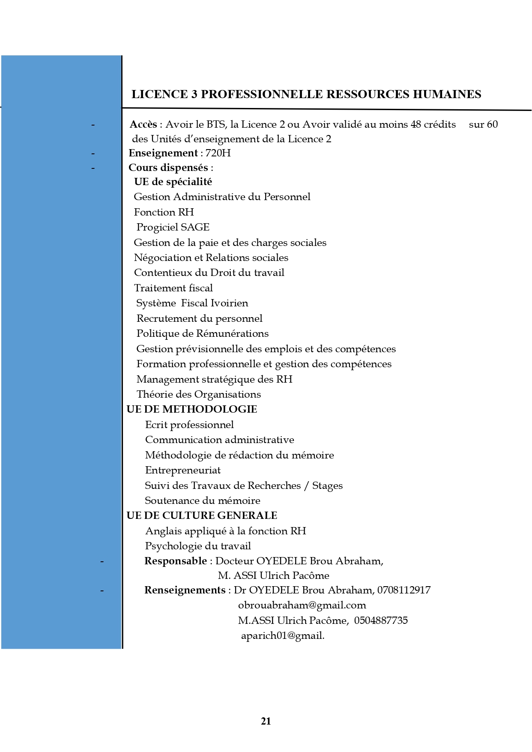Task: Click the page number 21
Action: click(266, 721)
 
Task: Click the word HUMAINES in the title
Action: click(447, 94)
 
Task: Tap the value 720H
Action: click(218, 153)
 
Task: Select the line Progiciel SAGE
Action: click(173, 227)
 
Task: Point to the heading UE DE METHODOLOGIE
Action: click(191, 409)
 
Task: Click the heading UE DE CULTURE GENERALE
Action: click(202, 515)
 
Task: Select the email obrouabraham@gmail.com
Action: click(302, 605)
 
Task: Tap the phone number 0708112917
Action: click(404, 590)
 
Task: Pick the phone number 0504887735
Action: click(381, 620)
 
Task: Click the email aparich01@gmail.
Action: click(283, 635)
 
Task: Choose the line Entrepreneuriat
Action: click(183, 470)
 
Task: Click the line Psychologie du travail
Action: click(198, 546)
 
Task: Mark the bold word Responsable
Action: click(176, 561)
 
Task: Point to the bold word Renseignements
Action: click(185, 590)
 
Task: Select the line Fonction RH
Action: click(164, 212)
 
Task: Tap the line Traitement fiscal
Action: click(173, 288)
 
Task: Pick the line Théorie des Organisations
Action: click(198, 394)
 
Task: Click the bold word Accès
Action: click(143, 124)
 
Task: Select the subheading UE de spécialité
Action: click(173, 182)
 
